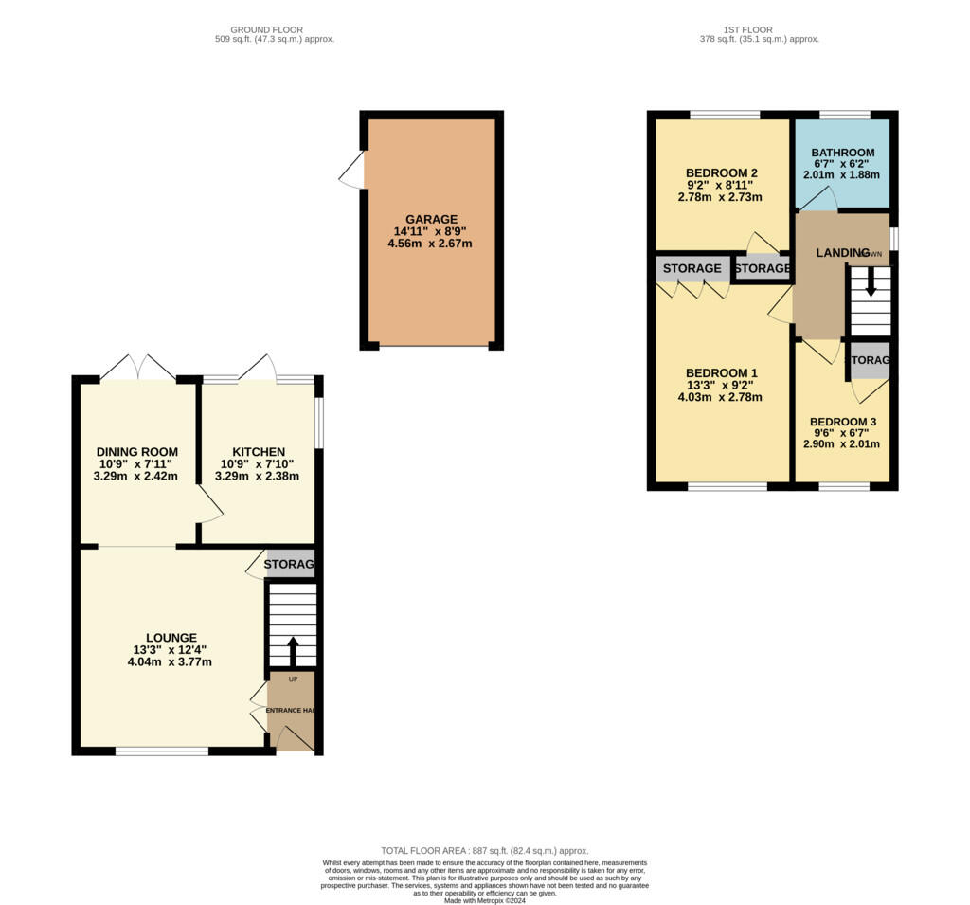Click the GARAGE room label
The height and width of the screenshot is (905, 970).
coord(431,219)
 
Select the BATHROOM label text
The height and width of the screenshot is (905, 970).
coord(842,153)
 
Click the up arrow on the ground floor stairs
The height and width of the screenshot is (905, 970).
coord(292,651)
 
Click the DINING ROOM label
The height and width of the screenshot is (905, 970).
coord(136,451)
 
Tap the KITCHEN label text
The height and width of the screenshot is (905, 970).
coord(259,451)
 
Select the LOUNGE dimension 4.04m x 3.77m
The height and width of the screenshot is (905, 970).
coord(171,662)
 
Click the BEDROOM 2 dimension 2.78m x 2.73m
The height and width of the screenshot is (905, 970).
coord(720,197)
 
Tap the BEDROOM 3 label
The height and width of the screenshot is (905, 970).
coord(842,422)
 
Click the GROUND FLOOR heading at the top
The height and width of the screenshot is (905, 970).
coord(275,28)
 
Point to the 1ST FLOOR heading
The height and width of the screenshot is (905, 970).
coord(759,28)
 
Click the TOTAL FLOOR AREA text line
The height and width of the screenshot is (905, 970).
coord(484,851)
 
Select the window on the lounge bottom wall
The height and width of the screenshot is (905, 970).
coord(162,751)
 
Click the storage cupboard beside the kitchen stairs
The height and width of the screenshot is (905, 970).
coord(289,565)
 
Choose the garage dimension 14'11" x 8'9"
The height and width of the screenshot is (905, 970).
coord(431,231)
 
